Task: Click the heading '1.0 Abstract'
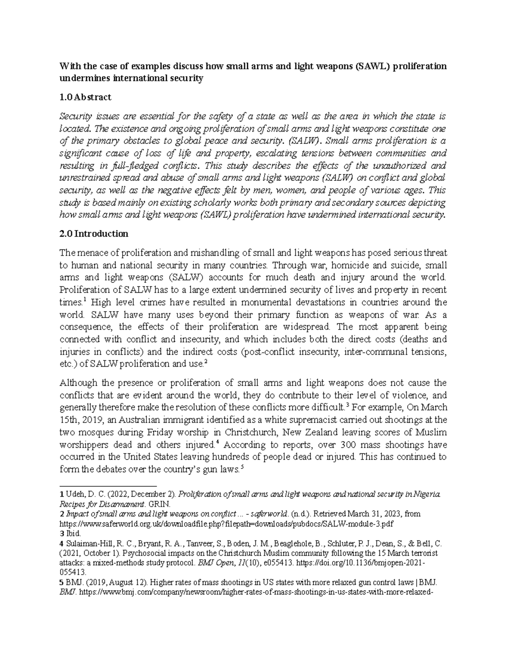[x=85, y=97]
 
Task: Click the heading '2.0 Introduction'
[x=94, y=234]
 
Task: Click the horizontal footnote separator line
[x=108, y=486]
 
